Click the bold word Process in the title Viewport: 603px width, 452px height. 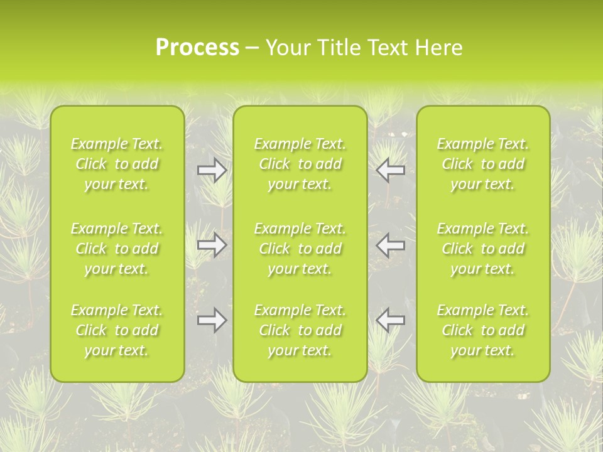[197, 48]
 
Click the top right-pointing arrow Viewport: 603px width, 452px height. [212, 170]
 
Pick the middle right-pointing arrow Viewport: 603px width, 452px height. [212, 245]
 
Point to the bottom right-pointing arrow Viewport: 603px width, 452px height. [212, 320]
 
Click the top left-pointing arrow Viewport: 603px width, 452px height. [391, 170]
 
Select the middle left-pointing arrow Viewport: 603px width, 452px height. [391, 245]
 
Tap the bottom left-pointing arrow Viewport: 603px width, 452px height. [391, 320]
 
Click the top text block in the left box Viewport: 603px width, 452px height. [117, 164]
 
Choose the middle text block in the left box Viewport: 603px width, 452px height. [117, 249]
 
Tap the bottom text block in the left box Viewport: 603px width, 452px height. [117, 330]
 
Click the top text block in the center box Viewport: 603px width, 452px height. [300, 164]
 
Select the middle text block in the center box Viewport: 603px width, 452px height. [300, 249]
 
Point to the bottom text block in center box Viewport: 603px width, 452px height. [300, 330]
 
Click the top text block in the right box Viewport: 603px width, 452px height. [482, 164]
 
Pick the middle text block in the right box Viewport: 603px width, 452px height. [482, 249]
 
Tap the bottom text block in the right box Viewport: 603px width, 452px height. [482, 330]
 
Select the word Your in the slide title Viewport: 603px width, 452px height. [286, 48]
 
